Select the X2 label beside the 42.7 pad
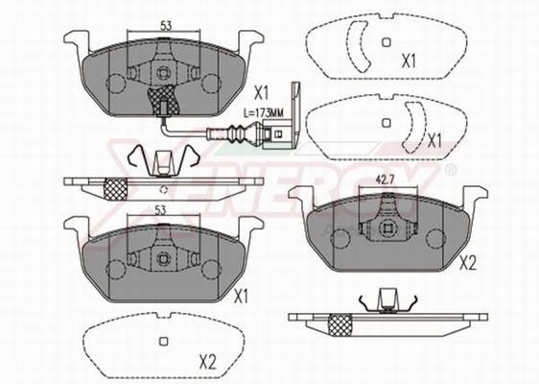(x=469, y=261)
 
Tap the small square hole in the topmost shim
(x=385, y=42)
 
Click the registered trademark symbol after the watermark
(x=450, y=169)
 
